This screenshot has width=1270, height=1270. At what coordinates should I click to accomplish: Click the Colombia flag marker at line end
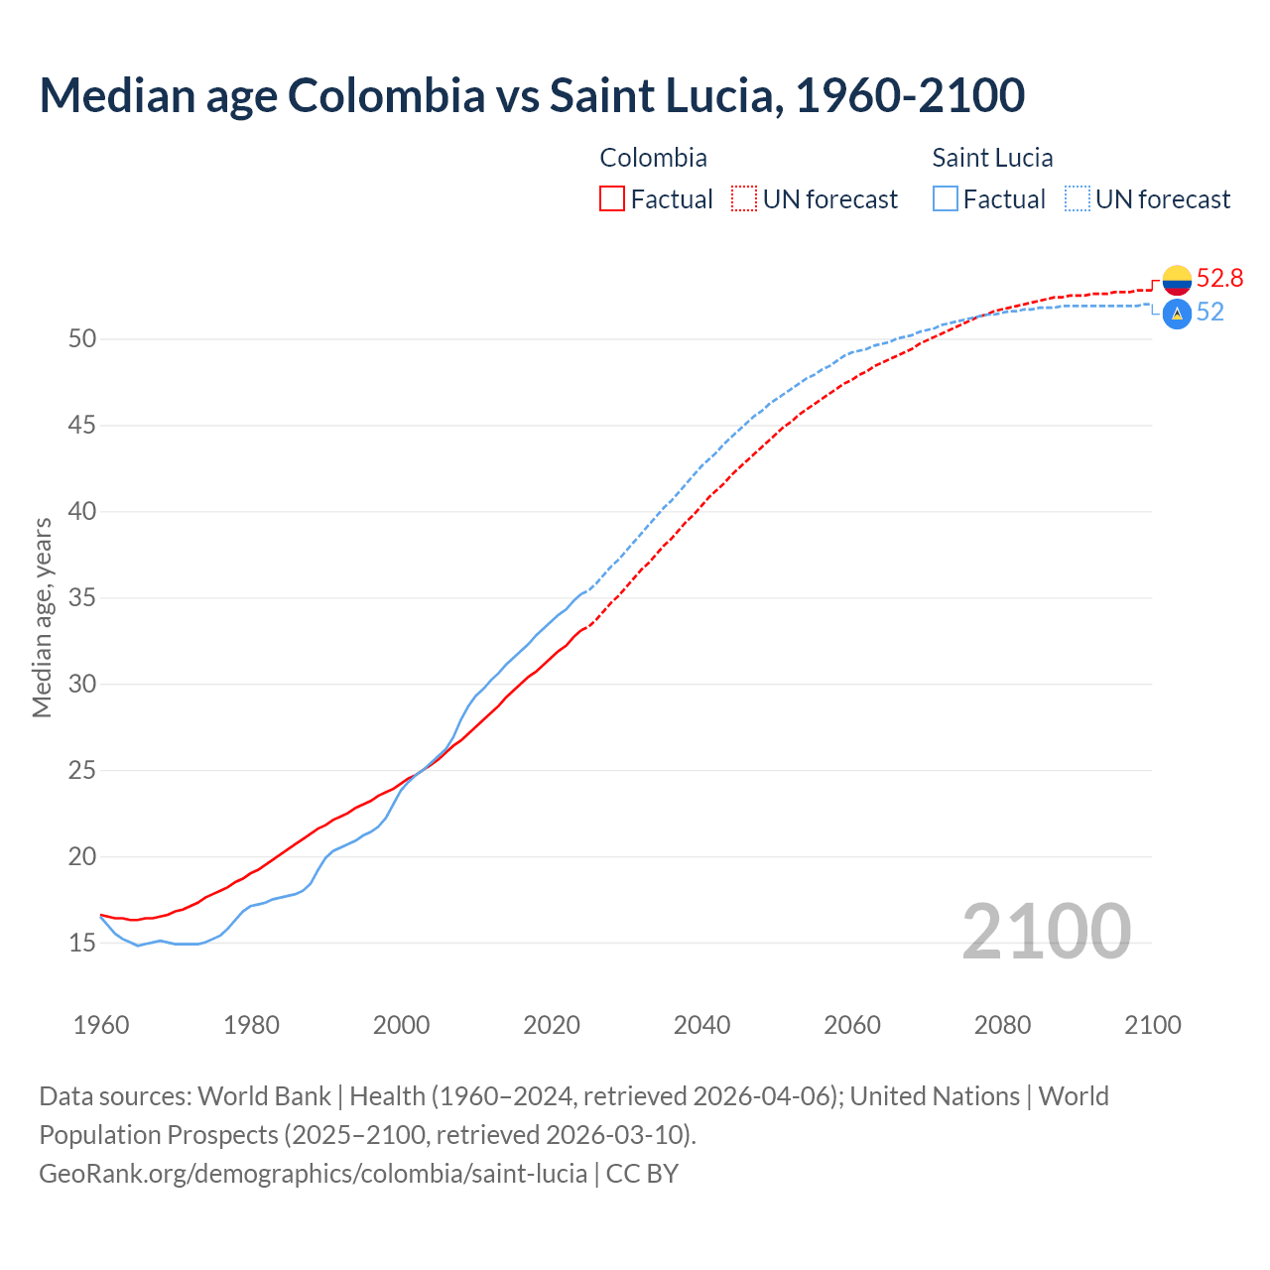[x=1177, y=280]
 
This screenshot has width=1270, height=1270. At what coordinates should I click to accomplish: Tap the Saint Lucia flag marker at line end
[x=1177, y=315]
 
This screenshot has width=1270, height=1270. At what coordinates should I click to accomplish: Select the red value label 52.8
[x=1219, y=279]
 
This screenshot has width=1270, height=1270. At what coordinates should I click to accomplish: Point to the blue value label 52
[x=1210, y=313]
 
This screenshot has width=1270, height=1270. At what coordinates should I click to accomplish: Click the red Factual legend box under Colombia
[x=612, y=199]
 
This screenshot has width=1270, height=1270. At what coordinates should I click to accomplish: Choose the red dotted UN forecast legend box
[x=744, y=199]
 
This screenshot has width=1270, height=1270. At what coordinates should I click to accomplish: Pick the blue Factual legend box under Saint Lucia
[x=946, y=199]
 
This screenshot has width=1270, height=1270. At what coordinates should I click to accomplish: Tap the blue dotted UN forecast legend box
[x=1078, y=199]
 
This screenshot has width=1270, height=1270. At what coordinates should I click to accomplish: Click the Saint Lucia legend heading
[x=992, y=158]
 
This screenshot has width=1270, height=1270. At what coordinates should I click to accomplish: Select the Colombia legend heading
[x=653, y=158]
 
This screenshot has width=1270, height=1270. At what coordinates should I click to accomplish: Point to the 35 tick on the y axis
[x=82, y=598]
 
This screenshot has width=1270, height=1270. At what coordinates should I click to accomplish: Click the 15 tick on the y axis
[x=82, y=944]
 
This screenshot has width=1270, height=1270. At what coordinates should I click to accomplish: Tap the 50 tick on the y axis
[x=82, y=339]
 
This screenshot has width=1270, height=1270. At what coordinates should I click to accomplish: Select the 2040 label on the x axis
[x=701, y=1025]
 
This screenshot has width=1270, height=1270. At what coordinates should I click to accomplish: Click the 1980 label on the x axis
[x=251, y=1025]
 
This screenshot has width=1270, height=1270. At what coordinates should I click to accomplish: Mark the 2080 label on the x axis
[x=1002, y=1025]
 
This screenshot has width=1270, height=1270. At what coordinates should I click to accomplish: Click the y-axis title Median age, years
[x=42, y=617]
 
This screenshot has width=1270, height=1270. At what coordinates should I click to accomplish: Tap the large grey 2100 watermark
[x=1046, y=932]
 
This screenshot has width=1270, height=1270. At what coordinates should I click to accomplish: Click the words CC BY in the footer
[x=642, y=1174]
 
